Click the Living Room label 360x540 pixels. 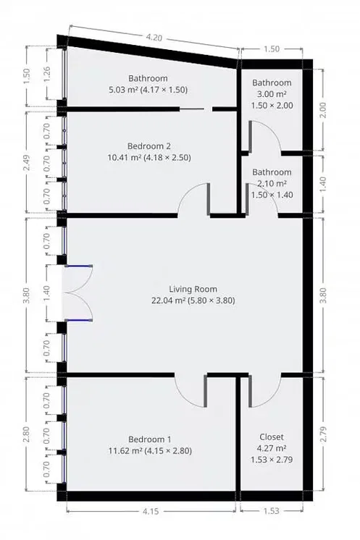pos(193,290)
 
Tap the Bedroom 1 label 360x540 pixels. pos(149,439)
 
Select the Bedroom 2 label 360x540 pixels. pos(148,146)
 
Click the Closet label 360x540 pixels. pos(272,437)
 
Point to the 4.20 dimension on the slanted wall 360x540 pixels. pos(154,37)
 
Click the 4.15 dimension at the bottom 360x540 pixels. pos(151,512)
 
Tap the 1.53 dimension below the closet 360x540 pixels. pos(272,511)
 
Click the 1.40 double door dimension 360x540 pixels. pos(47,293)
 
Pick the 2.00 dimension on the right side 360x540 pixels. pos(323,110)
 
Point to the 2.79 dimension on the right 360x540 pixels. pos(323,434)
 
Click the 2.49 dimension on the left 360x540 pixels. pos(26,163)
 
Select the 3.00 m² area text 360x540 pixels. pos(272,94)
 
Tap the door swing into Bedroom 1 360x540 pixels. pos(191,391)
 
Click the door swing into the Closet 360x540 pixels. pos(264,391)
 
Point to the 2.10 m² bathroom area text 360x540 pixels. pos(272,184)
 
